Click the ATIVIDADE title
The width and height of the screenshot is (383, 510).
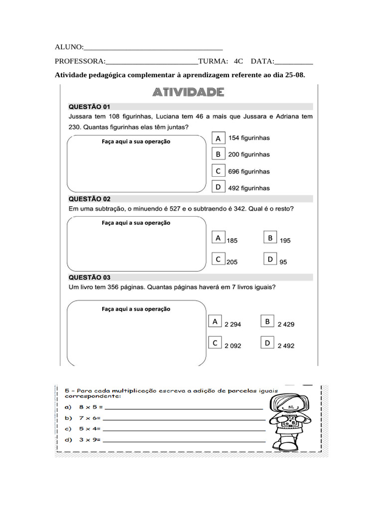click(x=188, y=93)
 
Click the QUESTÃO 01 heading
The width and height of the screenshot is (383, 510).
click(x=89, y=107)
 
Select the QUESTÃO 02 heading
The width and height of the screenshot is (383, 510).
click(x=89, y=199)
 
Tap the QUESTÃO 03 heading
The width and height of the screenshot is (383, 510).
click(x=89, y=277)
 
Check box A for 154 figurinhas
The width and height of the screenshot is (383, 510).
click(x=218, y=138)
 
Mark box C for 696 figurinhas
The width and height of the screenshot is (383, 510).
click(x=218, y=171)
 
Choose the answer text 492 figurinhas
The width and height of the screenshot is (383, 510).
click(x=249, y=188)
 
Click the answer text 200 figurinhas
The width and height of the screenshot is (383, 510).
click(x=249, y=155)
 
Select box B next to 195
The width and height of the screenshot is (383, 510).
click(x=270, y=238)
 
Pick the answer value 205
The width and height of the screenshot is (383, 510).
click(x=232, y=262)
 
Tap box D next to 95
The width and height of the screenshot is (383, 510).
click(x=270, y=259)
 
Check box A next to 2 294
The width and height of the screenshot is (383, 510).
click(x=215, y=322)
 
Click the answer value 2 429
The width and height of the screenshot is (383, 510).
click(x=286, y=324)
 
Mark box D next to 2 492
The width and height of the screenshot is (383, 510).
click(x=267, y=343)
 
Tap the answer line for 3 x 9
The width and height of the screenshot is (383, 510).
click(x=184, y=440)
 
